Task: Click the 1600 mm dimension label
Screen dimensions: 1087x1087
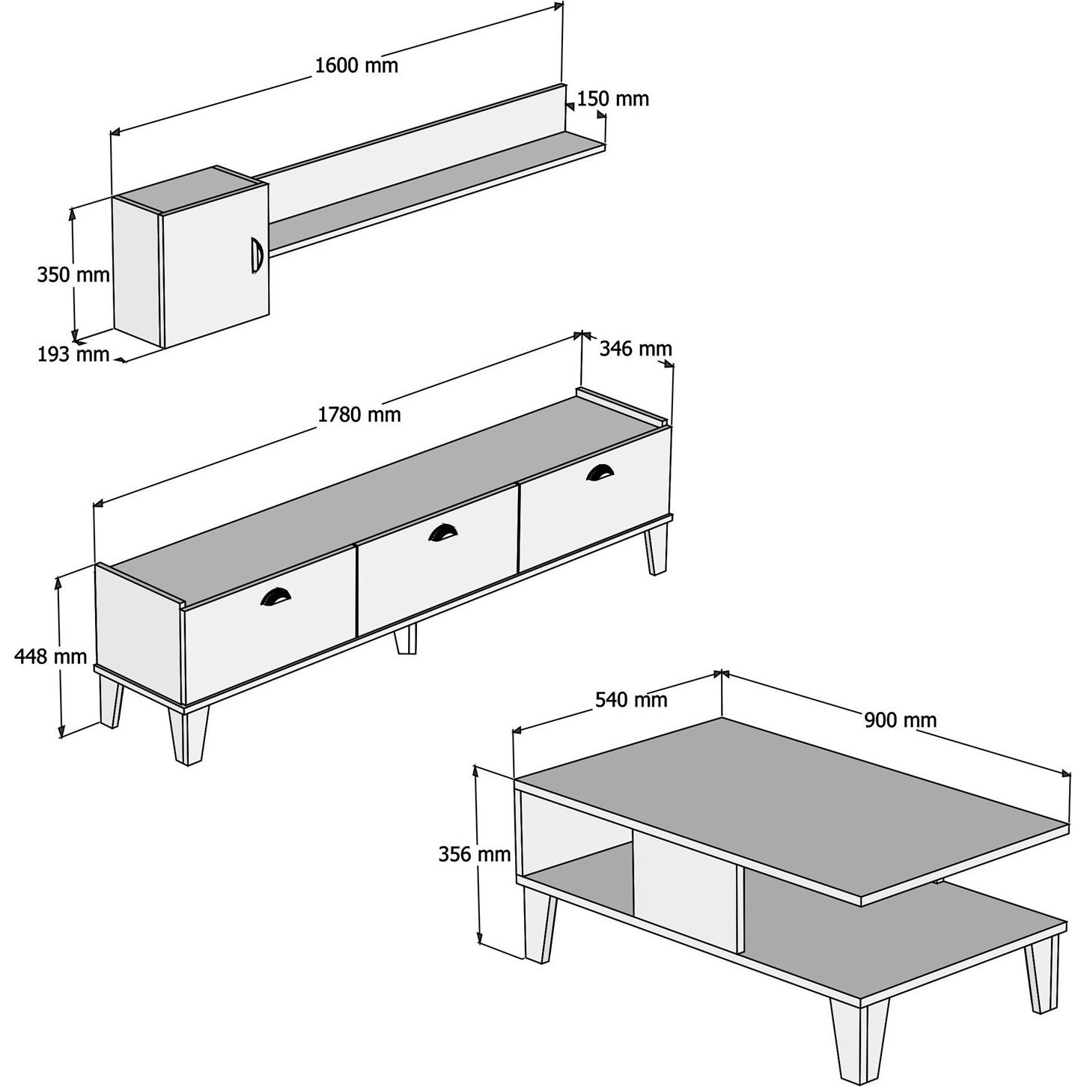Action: click(x=356, y=65)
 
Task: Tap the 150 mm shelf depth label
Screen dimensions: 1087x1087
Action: click(x=612, y=99)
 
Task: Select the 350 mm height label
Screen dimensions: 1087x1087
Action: click(x=73, y=275)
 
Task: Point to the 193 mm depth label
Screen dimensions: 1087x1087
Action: click(x=73, y=354)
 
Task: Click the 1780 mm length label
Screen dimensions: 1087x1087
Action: click(x=359, y=414)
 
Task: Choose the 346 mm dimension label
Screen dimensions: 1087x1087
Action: click(x=636, y=348)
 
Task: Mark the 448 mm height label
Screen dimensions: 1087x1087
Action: click(x=51, y=657)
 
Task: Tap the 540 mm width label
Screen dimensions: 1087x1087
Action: click(x=630, y=700)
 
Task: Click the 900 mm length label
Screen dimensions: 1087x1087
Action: click(x=900, y=720)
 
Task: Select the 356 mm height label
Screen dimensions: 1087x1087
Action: click(x=474, y=853)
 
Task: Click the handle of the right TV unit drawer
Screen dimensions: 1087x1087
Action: click(x=600, y=471)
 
